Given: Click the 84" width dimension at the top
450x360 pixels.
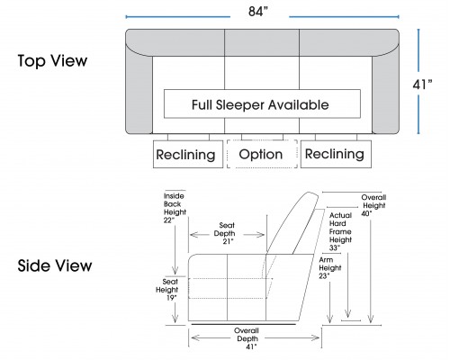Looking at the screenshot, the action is coord(258,12).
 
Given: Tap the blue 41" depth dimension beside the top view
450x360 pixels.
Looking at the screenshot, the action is coord(422,85).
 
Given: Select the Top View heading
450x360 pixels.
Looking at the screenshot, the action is coord(52,61).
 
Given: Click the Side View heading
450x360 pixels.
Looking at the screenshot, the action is coord(55,265).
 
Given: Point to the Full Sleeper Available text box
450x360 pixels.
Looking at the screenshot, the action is coord(262,103).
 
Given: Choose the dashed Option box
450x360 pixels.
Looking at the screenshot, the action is coord(262,154).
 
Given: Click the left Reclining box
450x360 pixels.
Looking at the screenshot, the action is coord(188,154).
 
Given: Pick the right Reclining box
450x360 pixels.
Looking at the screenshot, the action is coord(336,154).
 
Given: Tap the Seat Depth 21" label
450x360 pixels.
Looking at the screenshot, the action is coord(226,233).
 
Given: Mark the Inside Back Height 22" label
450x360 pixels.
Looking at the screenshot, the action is coord(175,208).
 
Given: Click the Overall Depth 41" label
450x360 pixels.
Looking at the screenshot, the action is coord(247,338).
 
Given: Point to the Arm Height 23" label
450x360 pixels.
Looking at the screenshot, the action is coord(330,268).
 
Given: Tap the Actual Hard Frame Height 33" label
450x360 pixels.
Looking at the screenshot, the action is coord(340,231).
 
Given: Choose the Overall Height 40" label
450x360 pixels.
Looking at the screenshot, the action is coord(373,205).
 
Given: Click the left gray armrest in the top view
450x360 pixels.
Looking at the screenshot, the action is coord(139,93).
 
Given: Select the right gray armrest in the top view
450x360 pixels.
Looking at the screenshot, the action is coord(386,93).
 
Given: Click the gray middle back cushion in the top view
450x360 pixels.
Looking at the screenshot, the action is coord(262,42).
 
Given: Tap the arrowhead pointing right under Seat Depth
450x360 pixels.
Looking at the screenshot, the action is coord(260,235).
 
